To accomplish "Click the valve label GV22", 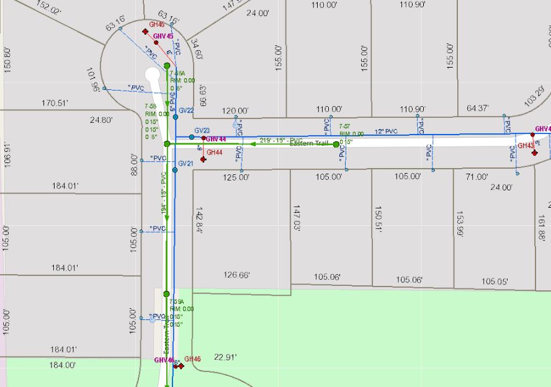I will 186,110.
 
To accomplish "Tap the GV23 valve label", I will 202,131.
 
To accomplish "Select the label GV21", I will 186,163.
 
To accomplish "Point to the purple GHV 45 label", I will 163,36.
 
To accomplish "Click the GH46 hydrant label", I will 192,358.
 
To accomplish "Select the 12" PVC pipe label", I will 386,131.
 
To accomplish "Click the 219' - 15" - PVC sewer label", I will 280,140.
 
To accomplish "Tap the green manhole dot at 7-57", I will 336,145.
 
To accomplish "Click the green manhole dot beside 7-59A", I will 166,294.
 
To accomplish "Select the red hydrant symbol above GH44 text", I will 203,159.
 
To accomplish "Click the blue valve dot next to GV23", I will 192,136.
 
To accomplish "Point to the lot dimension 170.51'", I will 55,103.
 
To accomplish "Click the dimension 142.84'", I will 199,220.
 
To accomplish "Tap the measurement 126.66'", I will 236,275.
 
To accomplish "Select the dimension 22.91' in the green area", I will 225,357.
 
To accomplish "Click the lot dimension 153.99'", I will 460,224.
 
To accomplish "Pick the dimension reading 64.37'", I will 477,109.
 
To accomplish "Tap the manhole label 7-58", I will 149,106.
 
